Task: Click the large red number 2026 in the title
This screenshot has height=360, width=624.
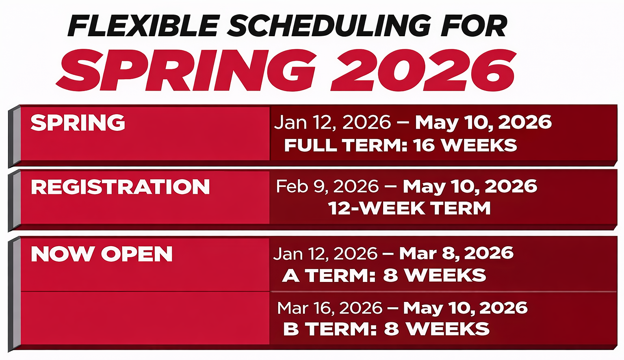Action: tap(423, 70)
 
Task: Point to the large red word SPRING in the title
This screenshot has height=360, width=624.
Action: tap(187, 70)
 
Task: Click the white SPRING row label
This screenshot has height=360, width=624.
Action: tap(78, 123)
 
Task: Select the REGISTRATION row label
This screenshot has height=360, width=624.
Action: tap(120, 187)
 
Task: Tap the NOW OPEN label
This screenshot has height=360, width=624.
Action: tap(102, 254)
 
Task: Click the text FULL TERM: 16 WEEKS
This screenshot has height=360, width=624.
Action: tap(400, 145)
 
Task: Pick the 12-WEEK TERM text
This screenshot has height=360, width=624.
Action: tap(409, 208)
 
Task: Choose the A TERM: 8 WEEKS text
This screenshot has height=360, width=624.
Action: tap(384, 276)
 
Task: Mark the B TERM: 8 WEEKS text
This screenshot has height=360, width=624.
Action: tap(386, 329)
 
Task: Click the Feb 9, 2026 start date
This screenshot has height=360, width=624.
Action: tap(327, 187)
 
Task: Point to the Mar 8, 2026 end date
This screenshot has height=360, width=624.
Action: tap(456, 254)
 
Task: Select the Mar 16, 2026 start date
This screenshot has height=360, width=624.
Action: tap(329, 308)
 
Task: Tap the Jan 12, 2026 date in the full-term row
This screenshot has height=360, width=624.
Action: tap(332, 123)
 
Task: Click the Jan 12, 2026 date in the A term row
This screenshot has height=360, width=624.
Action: tap(325, 254)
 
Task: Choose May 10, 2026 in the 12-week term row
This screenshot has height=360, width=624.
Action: tap(470, 187)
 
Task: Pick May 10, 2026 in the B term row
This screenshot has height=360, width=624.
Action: tap(466, 308)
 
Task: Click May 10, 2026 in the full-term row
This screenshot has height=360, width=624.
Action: tap(483, 123)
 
